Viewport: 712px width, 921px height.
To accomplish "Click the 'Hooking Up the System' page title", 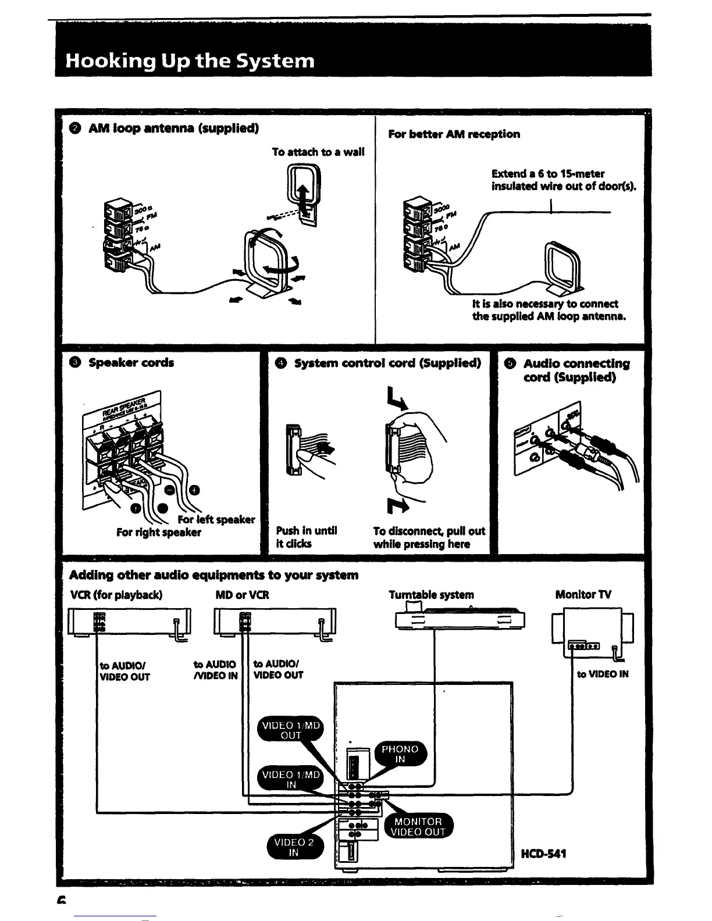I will [x=190, y=60].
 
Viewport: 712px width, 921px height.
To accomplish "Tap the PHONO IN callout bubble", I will [x=400, y=754].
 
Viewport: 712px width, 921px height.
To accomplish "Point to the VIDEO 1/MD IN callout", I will [x=291, y=779].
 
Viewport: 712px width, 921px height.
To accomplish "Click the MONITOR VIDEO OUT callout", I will [x=419, y=826].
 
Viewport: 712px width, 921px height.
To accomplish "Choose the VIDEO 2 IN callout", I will [x=294, y=847].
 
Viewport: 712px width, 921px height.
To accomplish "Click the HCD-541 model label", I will [x=544, y=854].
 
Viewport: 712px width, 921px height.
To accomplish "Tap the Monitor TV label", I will [x=583, y=594].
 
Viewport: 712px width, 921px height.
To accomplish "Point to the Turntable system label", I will [x=431, y=594].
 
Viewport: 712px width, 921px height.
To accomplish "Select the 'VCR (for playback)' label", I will [x=116, y=595].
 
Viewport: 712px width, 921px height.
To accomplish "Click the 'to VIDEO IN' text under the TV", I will [x=603, y=674].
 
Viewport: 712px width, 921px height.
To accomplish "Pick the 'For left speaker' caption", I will [x=216, y=519].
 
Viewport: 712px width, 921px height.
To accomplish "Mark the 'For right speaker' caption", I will [x=158, y=532].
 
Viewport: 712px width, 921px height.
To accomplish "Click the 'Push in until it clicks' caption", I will [x=306, y=537].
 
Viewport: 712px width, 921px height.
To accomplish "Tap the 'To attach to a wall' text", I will [x=318, y=152].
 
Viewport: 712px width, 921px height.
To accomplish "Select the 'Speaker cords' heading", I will [x=131, y=362].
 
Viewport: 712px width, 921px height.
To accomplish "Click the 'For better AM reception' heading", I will [x=454, y=134].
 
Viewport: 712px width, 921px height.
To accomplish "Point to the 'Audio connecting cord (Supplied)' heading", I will [x=575, y=370].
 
